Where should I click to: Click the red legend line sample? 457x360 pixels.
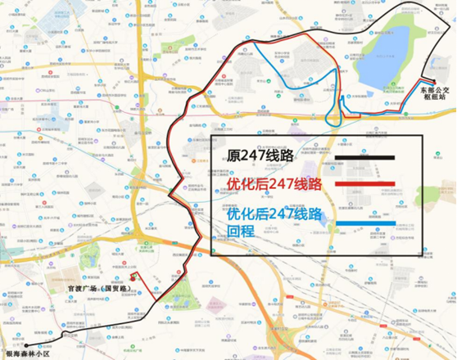[360, 184]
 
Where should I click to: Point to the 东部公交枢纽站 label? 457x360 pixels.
[431, 90]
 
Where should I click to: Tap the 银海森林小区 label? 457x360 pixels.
[29, 353]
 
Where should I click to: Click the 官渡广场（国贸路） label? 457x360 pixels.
[99, 290]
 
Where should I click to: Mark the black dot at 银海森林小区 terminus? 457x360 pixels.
[25, 345]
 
